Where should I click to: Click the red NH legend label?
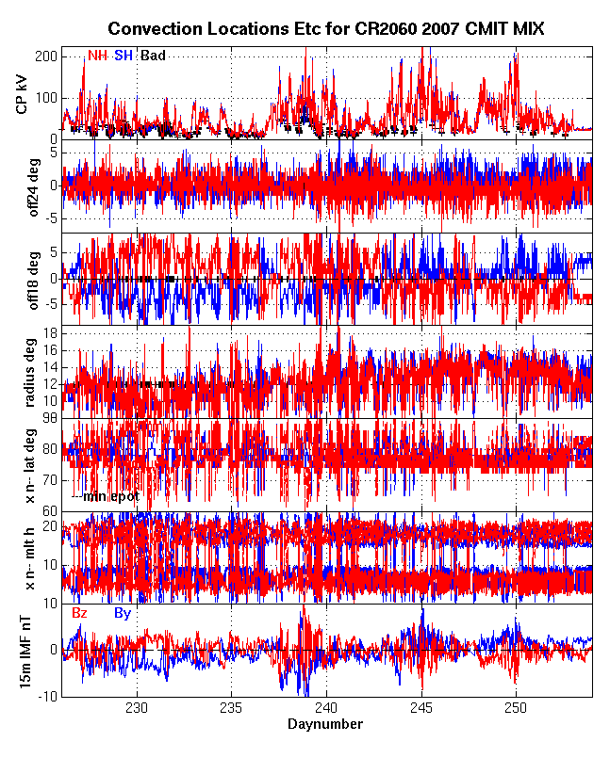point(97,56)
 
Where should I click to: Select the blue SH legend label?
point(124,56)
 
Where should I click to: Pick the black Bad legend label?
point(153,56)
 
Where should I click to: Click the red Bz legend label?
point(80,613)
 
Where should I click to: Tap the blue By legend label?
point(123,613)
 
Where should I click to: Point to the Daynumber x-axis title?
point(325,724)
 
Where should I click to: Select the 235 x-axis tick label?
point(232,708)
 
